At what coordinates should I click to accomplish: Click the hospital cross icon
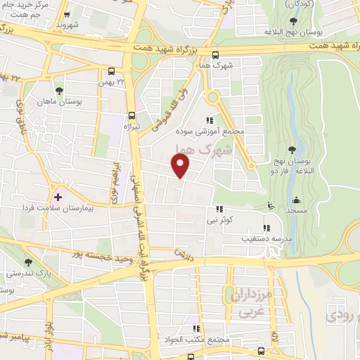(x=58, y=198)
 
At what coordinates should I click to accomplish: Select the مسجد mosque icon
(x=295, y=199)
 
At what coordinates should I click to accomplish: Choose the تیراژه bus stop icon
(x=131, y=115)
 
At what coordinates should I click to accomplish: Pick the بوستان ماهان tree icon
(x=59, y=91)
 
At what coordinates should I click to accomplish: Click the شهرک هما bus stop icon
(x=215, y=56)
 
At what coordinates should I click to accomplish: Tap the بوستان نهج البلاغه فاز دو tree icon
(x=291, y=149)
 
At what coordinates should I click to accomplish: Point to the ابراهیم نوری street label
(x=113, y=181)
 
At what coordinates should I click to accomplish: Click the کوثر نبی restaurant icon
(x=220, y=209)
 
